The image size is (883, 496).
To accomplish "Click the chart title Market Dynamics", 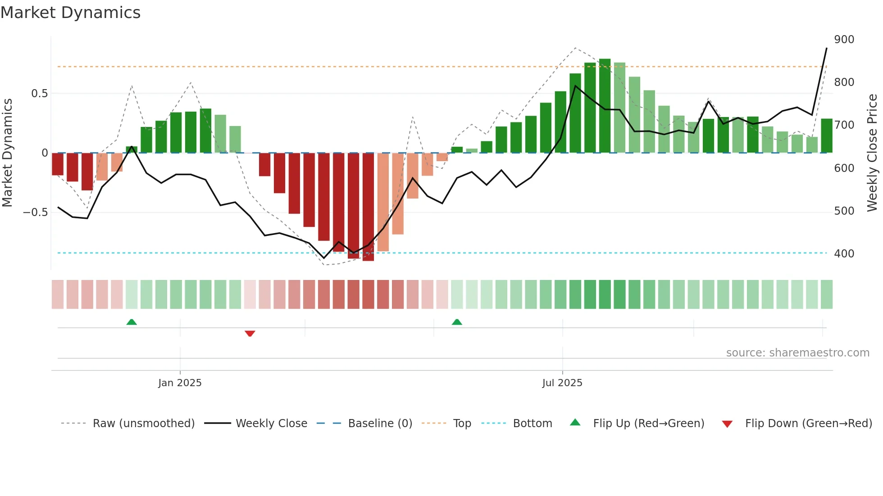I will pyautogui.click(x=70, y=13).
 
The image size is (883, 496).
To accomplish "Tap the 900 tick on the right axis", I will pyautogui.click(x=844, y=40).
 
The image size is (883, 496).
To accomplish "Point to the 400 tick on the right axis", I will pyautogui.click(x=844, y=254).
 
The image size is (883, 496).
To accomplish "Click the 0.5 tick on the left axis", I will pyautogui.click(x=39, y=94).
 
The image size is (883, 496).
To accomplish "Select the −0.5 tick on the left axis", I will pyautogui.click(x=36, y=212).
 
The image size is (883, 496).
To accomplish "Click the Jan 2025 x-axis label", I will pyautogui.click(x=180, y=383).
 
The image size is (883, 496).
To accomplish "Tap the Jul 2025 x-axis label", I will pyautogui.click(x=562, y=383).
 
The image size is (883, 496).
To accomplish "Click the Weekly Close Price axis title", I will pyautogui.click(x=872, y=153).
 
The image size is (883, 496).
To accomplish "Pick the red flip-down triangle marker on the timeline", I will pyautogui.click(x=250, y=334).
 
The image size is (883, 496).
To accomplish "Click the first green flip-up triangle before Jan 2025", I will pyautogui.click(x=132, y=322).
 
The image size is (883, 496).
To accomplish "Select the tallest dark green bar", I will pyautogui.click(x=605, y=106).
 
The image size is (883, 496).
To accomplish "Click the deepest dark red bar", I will pyautogui.click(x=368, y=207).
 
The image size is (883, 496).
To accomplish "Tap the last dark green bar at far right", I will pyautogui.click(x=826, y=136).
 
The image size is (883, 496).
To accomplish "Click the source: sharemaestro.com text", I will pyautogui.click(x=797, y=353).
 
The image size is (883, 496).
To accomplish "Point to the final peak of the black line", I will pyautogui.click(x=826, y=48).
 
